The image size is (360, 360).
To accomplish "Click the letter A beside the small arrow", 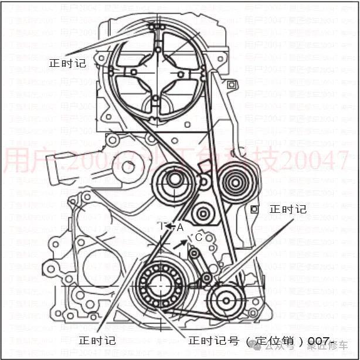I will coord(181,226).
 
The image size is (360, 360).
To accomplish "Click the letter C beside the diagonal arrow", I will coord(199,237).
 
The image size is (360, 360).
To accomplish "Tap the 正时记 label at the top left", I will coord(67,63).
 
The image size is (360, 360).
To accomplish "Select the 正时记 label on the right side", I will coord(287,209).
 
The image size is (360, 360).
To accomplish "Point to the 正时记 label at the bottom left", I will coord(97,340).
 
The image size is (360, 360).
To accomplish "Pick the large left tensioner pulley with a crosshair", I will coord(174,180).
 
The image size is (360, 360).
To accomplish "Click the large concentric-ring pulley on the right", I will coord(235,182).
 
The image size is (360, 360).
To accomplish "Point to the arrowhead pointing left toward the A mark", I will coord(169,226).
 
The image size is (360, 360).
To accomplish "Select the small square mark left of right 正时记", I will coord(254,209).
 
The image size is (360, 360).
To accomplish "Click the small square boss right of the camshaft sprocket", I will coord(232,85).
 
